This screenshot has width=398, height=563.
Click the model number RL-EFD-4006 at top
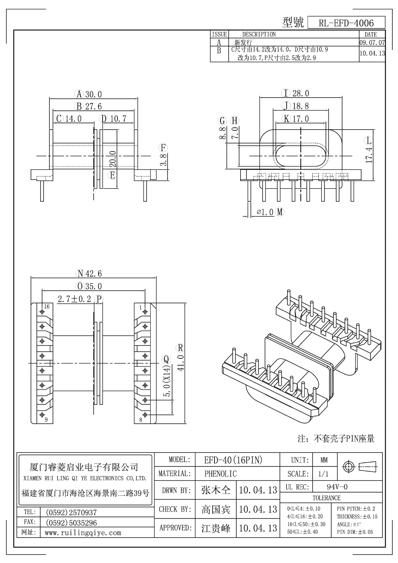(x=346, y=23)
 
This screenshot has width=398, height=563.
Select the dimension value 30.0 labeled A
(x=94, y=94)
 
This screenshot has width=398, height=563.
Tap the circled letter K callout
(x=286, y=119)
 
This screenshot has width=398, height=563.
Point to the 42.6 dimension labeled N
(x=94, y=274)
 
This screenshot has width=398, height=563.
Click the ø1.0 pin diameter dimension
(x=265, y=212)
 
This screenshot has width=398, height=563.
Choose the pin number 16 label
(x=47, y=307)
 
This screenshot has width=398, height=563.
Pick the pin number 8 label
(x=141, y=420)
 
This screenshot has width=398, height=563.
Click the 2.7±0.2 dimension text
(x=74, y=299)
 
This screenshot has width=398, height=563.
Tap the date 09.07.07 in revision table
(x=372, y=42)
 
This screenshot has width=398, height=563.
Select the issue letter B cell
(x=219, y=50)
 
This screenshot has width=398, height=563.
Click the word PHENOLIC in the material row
(x=220, y=474)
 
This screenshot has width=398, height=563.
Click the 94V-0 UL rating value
(x=337, y=487)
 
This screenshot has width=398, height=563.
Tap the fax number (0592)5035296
(x=71, y=523)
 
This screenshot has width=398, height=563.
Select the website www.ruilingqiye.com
(x=83, y=533)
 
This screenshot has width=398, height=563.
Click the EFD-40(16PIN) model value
(x=233, y=460)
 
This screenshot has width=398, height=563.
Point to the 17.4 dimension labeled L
(x=369, y=155)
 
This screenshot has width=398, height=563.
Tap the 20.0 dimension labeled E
(x=113, y=159)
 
